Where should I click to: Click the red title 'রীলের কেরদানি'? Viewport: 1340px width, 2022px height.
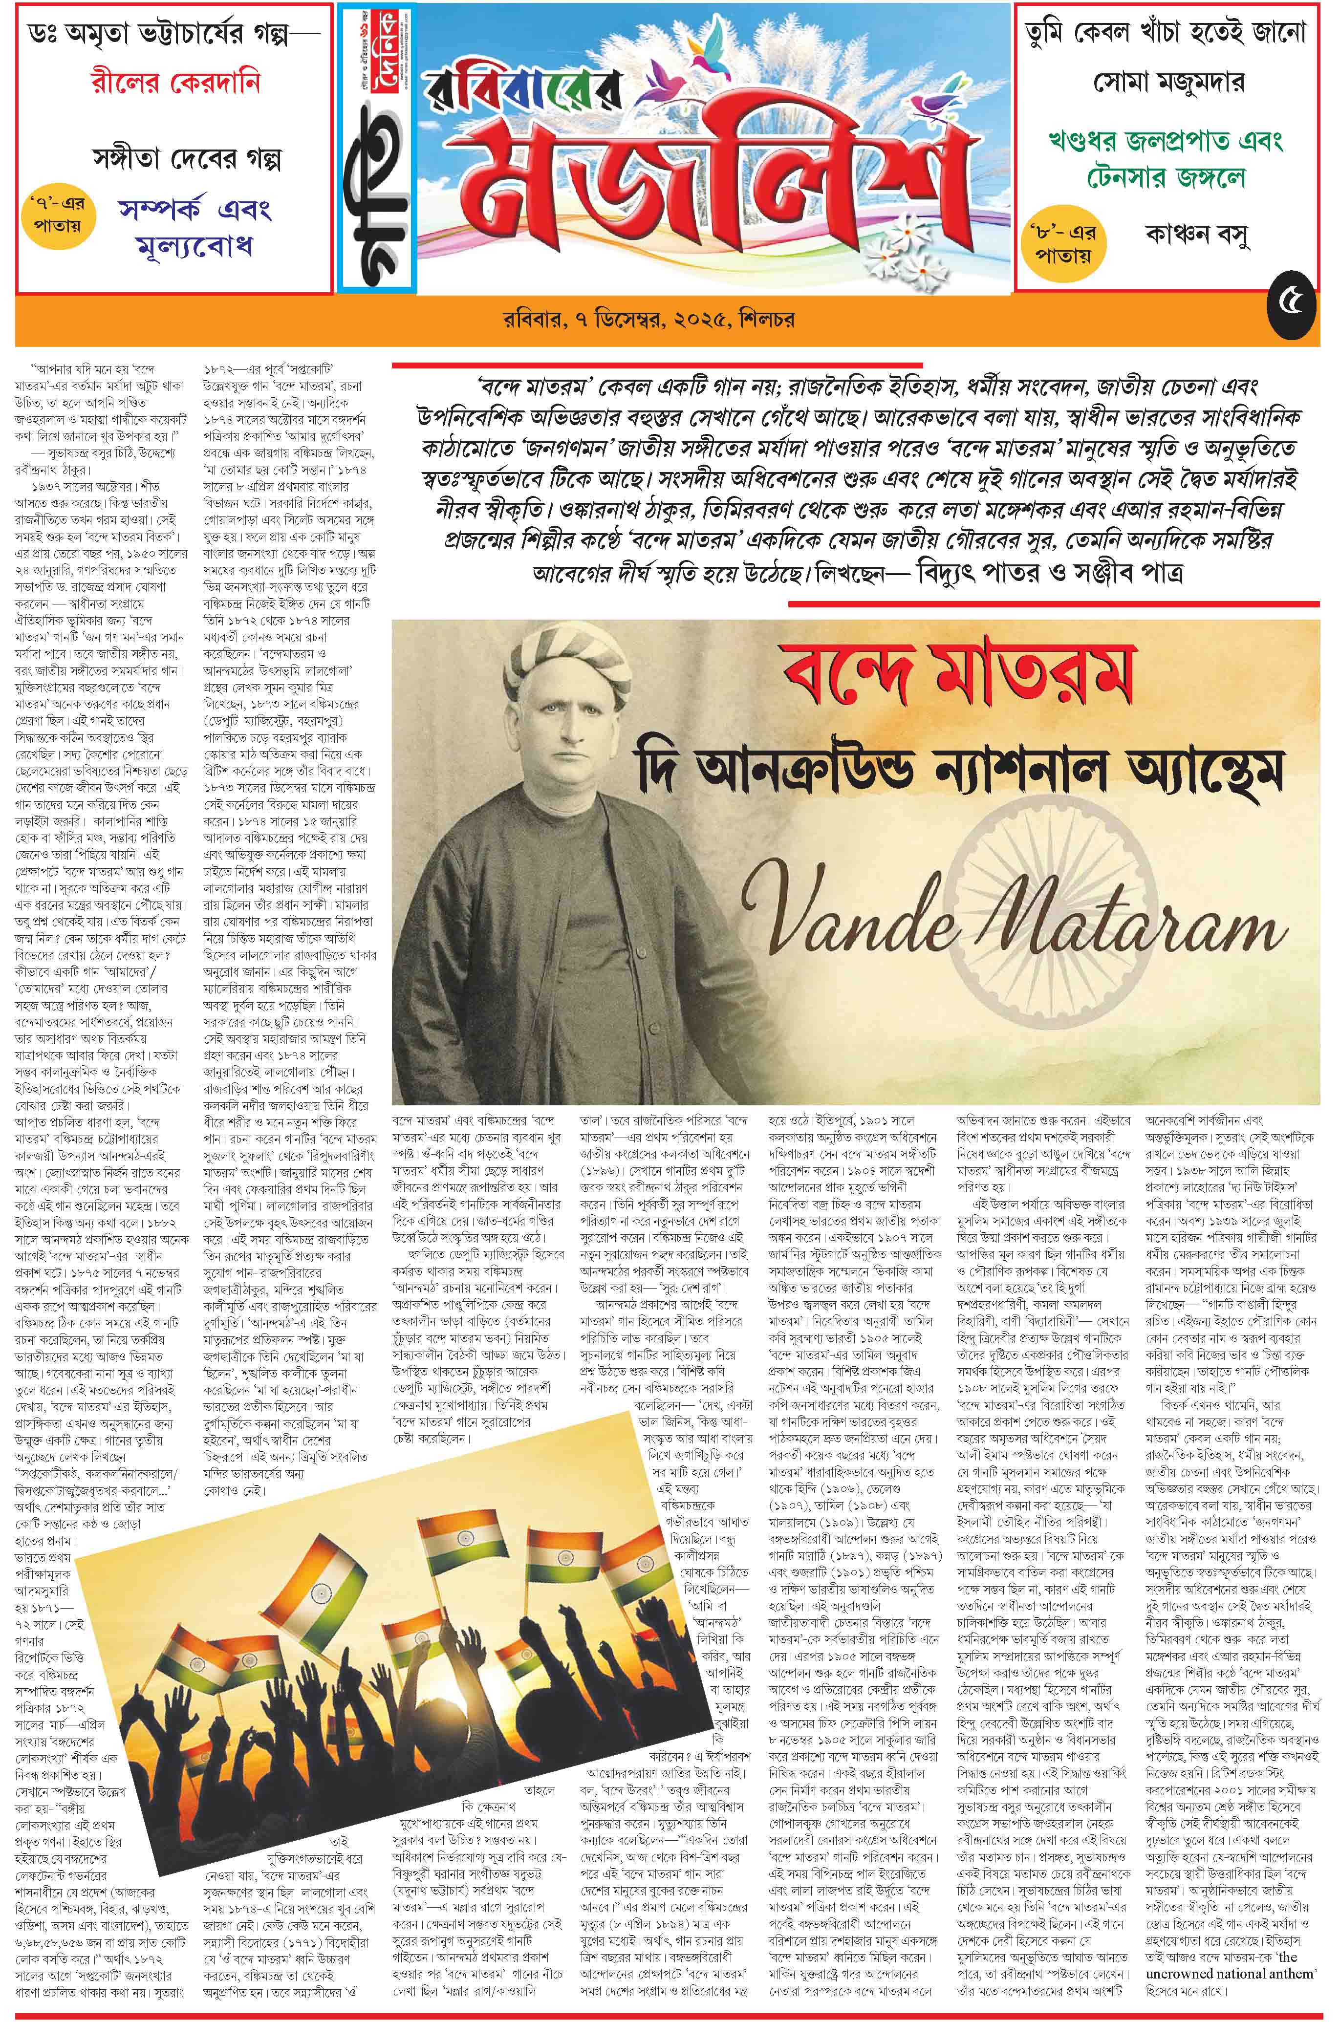click(174, 84)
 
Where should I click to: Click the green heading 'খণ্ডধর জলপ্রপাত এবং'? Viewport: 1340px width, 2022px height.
click(1166, 140)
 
